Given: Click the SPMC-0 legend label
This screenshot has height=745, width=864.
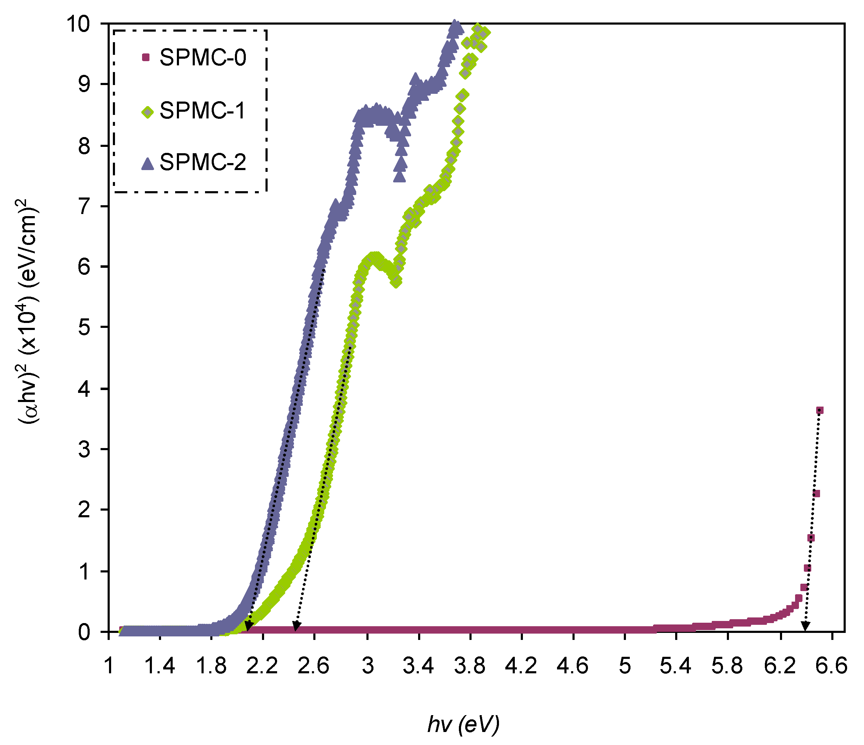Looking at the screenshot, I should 203,58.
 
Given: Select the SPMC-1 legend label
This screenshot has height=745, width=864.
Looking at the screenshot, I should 203,111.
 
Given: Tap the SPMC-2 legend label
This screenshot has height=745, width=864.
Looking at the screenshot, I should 203,162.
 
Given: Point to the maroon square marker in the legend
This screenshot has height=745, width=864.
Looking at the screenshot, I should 146,58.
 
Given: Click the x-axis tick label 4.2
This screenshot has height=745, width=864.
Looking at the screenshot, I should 521,666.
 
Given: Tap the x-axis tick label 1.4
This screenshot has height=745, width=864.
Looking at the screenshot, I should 160,666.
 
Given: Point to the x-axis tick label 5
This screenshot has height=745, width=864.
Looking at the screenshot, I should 625,666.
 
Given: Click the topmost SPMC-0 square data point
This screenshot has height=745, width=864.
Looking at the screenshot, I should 819,410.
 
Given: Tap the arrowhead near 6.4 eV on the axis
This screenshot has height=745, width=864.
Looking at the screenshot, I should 805,626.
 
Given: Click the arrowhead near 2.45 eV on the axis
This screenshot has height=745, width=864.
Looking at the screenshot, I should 296,626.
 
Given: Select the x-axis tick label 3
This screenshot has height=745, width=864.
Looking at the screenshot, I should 367,666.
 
